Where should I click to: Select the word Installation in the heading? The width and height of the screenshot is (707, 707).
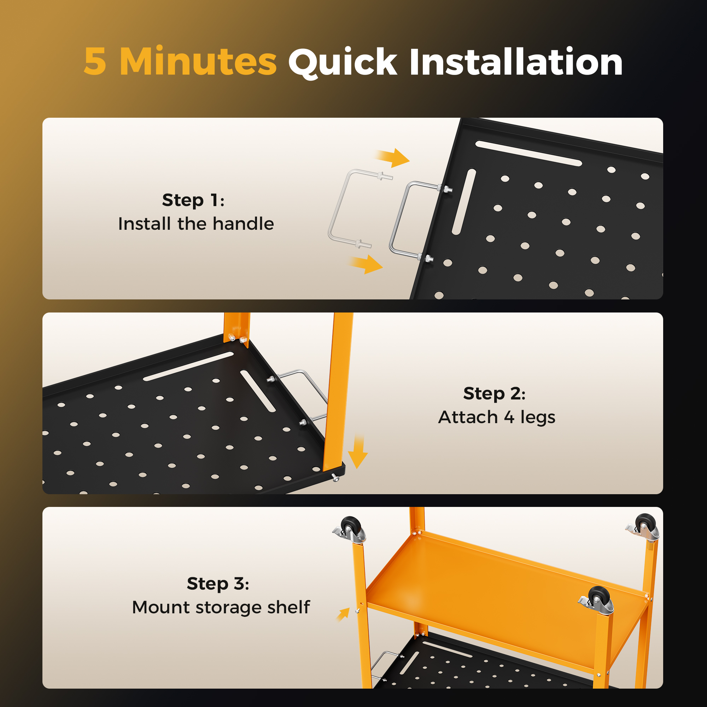[516, 62]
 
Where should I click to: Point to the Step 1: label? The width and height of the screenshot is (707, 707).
[193, 200]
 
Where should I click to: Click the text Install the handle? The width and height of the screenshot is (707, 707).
[196, 224]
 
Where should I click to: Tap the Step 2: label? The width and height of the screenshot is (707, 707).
[495, 393]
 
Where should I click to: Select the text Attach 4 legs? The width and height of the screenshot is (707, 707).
[497, 417]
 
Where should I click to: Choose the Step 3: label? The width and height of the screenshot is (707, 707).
[218, 583]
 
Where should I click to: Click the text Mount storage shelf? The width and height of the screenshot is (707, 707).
[221, 607]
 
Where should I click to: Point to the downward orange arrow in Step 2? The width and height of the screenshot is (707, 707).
[358, 451]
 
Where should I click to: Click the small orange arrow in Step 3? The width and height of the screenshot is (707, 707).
[343, 614]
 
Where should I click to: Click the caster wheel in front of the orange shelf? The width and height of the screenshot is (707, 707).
[596, 601]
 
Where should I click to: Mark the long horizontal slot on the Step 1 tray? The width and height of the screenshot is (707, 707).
[528, 153]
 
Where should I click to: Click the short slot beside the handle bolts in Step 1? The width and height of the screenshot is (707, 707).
[464, 201]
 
